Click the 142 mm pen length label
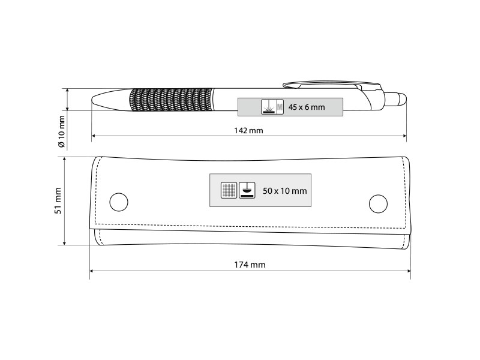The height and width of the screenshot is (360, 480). (248, 131)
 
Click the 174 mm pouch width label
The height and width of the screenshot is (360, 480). (250, 265)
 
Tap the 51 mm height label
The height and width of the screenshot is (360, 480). (58, 201)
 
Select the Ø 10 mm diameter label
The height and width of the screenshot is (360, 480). (62, 131)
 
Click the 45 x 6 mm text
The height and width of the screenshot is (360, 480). (307, 107)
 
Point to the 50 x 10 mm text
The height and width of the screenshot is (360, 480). (284, 191)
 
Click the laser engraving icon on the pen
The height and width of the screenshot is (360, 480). (269, 107)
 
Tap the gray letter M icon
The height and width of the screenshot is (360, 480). (280, 107)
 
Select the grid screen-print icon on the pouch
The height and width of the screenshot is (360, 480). (229, 190)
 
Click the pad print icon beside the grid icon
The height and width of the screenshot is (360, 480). (247, 190)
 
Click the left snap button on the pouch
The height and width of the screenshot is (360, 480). (119, 202)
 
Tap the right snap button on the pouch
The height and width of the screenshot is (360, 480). (378, 203)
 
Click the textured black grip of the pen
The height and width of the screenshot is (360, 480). (171, 100)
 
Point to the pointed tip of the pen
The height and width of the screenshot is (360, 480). (92, 100)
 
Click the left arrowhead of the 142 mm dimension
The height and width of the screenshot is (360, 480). (94, 136)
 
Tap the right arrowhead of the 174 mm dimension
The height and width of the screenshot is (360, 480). (408, 271)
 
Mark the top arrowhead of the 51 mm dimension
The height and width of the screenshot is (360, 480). (64, 160)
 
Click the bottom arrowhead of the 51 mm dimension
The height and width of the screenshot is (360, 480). (64, 242)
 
